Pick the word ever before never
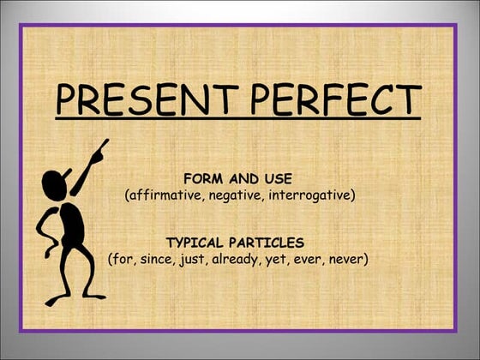pyautogui.click(x=309, y=258)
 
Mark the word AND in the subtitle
pyautogui.click(x=244, y=179)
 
